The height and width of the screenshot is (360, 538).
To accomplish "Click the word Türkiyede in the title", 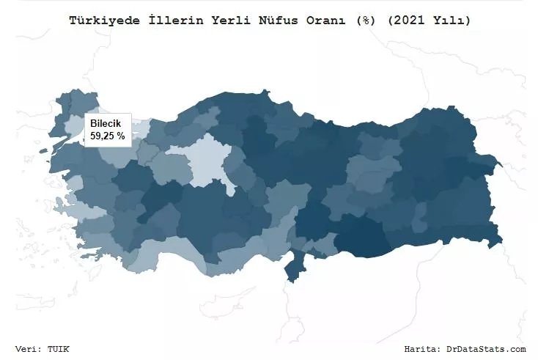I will click(97, 21).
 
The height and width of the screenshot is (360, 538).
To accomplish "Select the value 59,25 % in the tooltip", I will click(108, 136).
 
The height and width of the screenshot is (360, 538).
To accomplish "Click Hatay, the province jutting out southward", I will click(292, 266).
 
